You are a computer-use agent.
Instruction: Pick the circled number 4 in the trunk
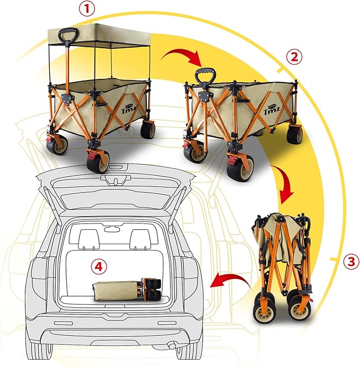97,266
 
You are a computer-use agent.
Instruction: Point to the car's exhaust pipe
173,346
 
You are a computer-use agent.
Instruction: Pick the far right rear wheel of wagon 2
295,135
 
